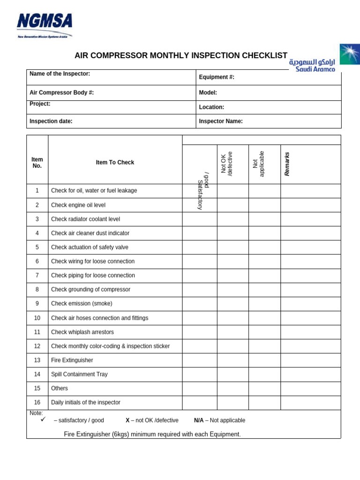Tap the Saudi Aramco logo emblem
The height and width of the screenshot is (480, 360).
(350, 54)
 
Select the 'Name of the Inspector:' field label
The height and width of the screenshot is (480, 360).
(60, 74)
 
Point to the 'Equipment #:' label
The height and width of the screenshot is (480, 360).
(217, 77)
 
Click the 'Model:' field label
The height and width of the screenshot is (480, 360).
(208, 93)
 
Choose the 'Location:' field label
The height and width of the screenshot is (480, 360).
(211, 107)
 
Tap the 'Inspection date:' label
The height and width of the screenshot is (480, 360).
(51, 121)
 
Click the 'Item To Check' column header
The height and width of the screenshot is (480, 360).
(115, 162)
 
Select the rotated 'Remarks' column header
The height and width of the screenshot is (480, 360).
(287, 164)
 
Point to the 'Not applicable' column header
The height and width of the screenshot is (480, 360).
(258, 164)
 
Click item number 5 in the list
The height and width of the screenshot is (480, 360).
(37, 247)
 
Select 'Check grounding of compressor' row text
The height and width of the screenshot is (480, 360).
(90, 289)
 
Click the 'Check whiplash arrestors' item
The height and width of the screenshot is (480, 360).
(82, 332)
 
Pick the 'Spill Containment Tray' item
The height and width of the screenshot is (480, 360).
(79, 374)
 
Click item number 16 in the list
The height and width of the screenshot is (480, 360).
(37, 402)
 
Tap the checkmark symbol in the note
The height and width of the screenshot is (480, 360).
(43, 420)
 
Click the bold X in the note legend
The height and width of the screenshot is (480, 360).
(127, 420)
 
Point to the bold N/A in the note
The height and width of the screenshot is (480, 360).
(199, 420)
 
